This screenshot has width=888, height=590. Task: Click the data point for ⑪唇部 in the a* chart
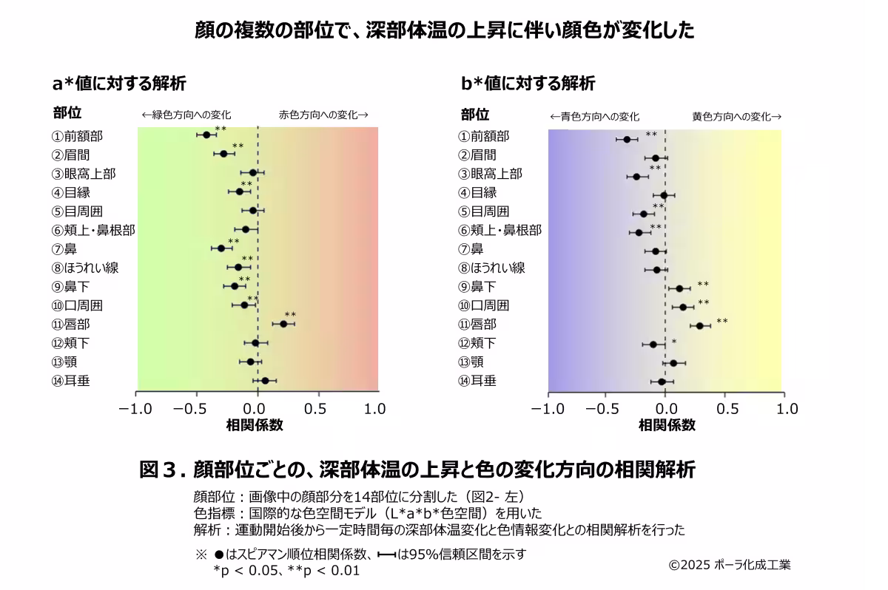click(283, 324)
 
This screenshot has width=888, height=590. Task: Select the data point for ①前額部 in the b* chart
click(627, 139)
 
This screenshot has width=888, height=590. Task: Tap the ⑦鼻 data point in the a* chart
click(221, 248)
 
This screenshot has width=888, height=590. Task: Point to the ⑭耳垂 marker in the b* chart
click(662, 382)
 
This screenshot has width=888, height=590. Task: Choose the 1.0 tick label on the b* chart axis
click(787, 409)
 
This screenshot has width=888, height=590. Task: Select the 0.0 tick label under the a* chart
click(257, 409)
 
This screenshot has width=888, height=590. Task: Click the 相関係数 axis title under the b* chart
click(666, 425)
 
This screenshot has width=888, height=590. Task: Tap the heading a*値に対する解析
click(118, 83)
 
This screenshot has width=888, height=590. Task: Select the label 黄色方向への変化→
click(737, 116)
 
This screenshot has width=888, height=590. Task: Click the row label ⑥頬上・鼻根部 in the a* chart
click(93, 230)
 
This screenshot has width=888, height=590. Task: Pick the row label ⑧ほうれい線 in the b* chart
click(492, 268)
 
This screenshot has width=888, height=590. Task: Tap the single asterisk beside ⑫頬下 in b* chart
click(674, 342)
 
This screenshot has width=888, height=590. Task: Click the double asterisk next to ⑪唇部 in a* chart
click(290, 315)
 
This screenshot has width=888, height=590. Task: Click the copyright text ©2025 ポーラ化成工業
click(730, 565)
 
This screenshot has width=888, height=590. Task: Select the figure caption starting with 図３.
click(418, 469)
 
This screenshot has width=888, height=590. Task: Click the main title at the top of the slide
click(444, 30)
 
